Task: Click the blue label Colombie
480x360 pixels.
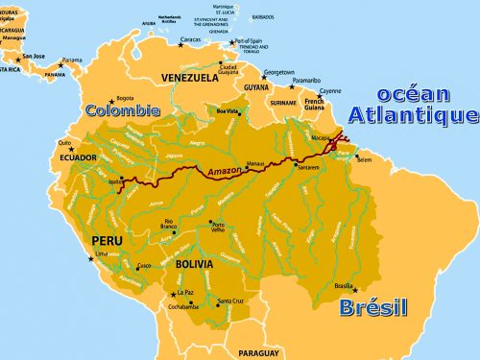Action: click(x=122, y=110)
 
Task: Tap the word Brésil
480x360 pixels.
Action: click(x=373, y=307)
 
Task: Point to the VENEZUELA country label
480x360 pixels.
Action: click(x=191, y=78)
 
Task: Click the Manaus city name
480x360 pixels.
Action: click(x=254, y=164)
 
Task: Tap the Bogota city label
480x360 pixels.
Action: click(x=125, y=98)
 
